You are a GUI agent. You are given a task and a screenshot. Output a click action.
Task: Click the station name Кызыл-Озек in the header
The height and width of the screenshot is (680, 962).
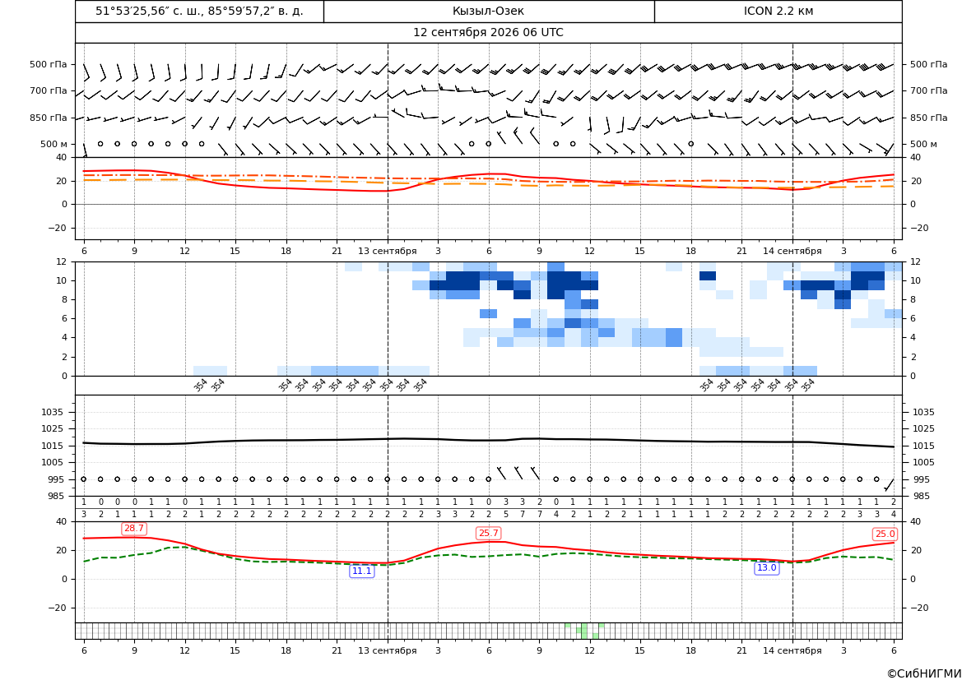[x=488, y=11]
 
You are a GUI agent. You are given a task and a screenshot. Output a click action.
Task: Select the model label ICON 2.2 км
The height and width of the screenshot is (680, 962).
[x=778, y=11]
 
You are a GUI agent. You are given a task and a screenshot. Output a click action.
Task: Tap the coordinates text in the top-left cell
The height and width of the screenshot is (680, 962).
[x=199, y=11]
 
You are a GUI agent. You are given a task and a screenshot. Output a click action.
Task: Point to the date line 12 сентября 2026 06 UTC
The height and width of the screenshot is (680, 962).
[x=488, y=33]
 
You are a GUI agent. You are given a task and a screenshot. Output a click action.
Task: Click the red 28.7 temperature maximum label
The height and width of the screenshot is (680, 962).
[x=134, y=529]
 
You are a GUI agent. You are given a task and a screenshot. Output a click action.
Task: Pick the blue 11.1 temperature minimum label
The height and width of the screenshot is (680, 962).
[x=361, y=571]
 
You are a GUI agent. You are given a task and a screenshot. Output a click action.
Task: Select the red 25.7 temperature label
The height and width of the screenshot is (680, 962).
[x=488, y=533]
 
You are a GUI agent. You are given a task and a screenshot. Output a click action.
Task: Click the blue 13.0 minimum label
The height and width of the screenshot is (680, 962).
[x=766, y=568]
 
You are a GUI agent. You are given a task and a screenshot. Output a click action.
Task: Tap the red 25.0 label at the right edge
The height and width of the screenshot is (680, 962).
[x=885, y=534]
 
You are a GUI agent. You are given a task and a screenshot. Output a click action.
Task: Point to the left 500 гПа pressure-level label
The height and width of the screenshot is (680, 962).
[x=49, y=64]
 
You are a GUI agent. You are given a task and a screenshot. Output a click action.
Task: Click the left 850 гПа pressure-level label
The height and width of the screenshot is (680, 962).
[x=49, y=118]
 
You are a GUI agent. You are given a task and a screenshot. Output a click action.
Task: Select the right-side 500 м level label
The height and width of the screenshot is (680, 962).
[x=923, y=144]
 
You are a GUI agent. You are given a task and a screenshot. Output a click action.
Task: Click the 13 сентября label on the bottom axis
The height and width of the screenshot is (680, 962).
[x=387, y=650]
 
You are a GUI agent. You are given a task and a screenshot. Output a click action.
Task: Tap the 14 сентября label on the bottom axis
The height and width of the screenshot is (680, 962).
[x=792, y=650]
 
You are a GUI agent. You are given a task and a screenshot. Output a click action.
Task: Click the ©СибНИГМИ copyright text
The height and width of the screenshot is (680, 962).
[x=924, y=673]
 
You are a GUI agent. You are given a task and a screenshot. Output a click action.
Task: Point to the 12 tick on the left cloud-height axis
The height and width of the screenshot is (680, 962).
[x=62, y=261]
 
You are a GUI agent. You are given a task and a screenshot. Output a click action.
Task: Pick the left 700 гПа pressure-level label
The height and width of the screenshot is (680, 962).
[x=49, y=90]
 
